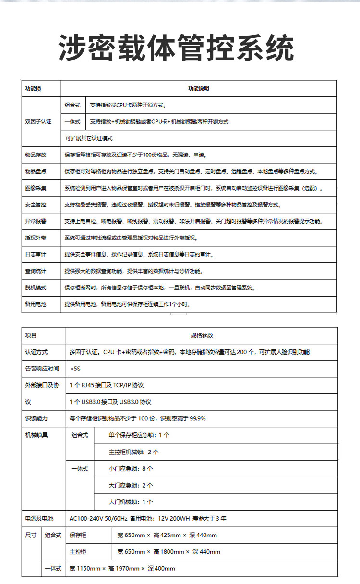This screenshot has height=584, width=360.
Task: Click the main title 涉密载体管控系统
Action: [x=176, y=48]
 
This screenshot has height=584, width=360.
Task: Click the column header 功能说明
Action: [x=198, y=88]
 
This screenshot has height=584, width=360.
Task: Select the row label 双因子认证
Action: [x=38, y=122]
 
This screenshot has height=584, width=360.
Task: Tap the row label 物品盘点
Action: [x=36, y=171]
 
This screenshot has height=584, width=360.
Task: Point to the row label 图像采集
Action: [x=36, y=188]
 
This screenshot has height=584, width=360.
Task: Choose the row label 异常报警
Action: [x=36, y=221]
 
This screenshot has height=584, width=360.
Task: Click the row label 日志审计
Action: [x=36, y=254]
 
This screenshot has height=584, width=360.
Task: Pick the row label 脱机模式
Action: [x=36, y=287]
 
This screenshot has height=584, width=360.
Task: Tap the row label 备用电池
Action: [x=36, y=304]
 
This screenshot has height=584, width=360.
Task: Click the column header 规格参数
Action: [x=201, y=335]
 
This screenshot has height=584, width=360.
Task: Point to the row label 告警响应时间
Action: [x=42, y=369]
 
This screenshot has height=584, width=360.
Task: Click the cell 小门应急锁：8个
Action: [x=131, y=468]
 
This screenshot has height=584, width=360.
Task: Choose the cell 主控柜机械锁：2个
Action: [x=133, y=452]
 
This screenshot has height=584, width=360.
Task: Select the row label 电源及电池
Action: [x=39, y=518]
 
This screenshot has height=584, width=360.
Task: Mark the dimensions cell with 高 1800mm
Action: [x=168, y=552]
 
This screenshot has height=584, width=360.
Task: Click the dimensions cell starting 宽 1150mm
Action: [x=122, y=568]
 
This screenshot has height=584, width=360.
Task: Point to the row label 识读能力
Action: [x=36, y=418]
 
